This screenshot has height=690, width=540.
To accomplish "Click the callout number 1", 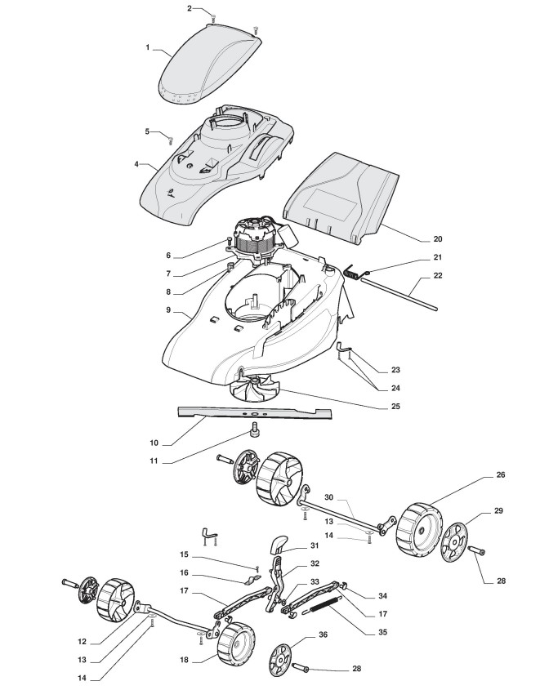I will [149, 47].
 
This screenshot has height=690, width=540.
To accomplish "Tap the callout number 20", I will [437, 239].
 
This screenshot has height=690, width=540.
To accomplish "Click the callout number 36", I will [324, 634].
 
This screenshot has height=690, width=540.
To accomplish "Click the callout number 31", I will [314, 546].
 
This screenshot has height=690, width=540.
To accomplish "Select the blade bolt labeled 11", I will [254, 431].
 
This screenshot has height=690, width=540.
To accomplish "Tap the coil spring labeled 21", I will [354, 274].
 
